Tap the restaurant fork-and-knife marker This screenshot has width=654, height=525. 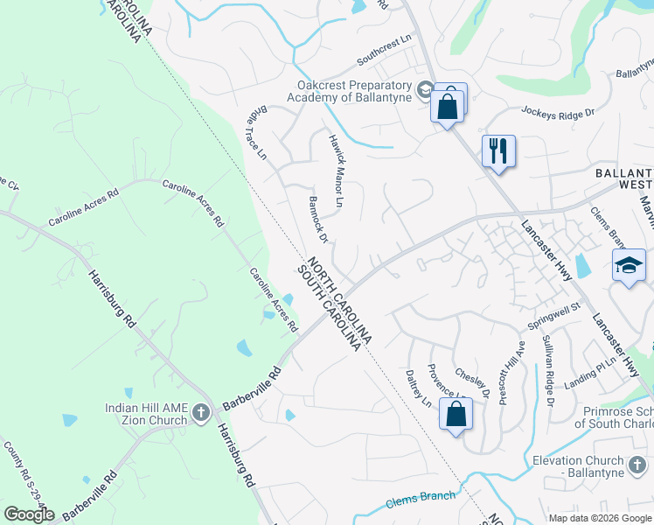pyautogui.click(x=498, y=150)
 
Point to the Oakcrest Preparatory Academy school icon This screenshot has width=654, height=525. pyautogui.click(x=424, y=89)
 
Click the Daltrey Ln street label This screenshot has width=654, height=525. pyautogui.click(x=419, y=388)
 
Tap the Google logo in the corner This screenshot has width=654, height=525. pyautogui.click(x=29, y=514)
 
